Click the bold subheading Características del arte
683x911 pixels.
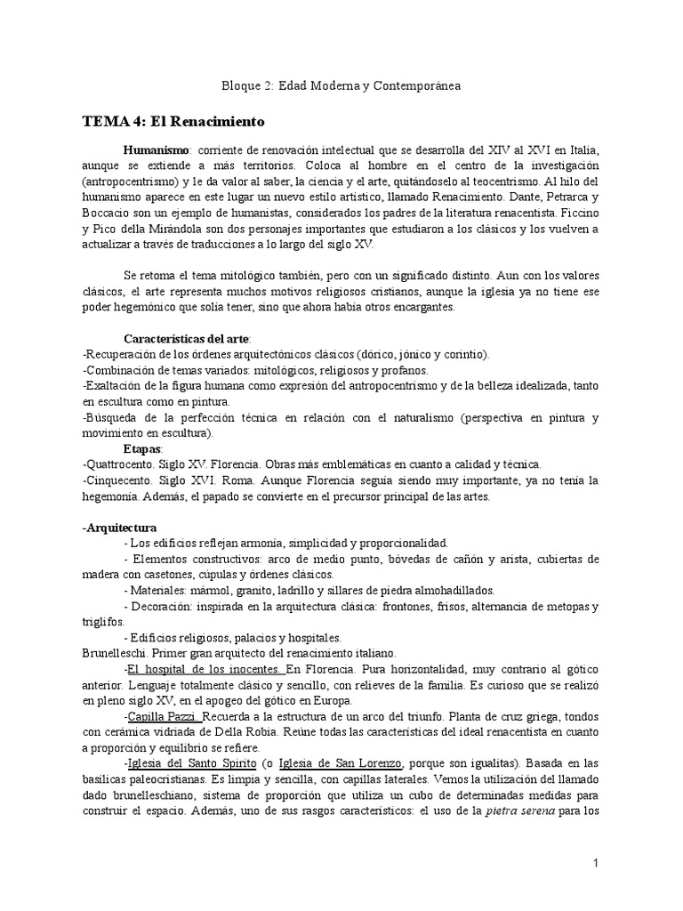pos(187,339)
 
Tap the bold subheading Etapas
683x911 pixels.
pos(141,448)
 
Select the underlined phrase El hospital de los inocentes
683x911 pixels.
pos(205,669)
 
